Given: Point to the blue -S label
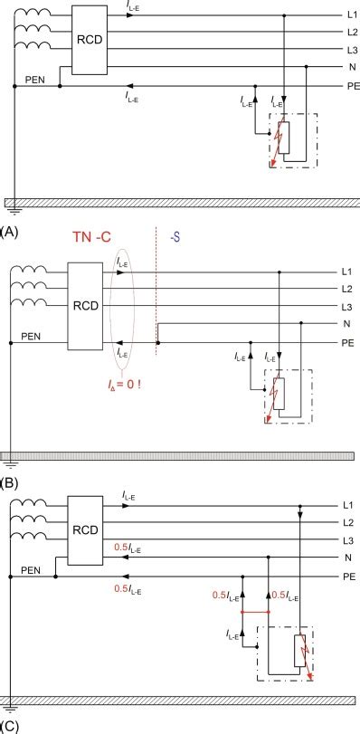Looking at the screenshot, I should (175, 236).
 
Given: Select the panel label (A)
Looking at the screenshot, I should (10, 232).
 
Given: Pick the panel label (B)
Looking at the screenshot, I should (10, 482).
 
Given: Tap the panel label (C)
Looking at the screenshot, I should (10, 726).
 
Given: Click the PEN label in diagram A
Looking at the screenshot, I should (34, 79).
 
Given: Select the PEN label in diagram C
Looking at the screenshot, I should (33, 570).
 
